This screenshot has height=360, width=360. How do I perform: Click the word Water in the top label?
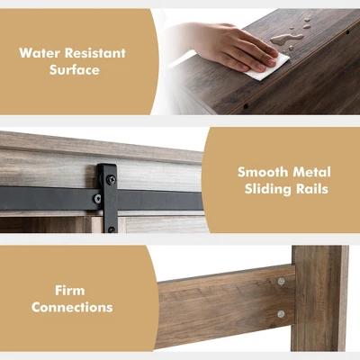click(40, 53)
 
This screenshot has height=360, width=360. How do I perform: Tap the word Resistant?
click(95, 53)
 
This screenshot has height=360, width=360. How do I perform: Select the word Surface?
click(75, 69)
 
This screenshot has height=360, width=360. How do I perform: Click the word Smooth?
click(263, 172)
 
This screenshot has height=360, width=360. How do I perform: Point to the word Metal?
click(312, 172)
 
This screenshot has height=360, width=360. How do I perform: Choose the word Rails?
click(312, 189)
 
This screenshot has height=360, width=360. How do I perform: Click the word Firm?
click(70, 290)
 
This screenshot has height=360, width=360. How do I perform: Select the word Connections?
click(72, 307)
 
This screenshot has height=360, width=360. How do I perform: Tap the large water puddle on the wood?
click(285, 39)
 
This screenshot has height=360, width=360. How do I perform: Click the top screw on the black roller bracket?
click(111, 179)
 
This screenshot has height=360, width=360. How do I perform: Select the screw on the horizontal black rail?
click(97, 198)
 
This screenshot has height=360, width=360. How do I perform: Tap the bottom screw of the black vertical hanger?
click(112, 229)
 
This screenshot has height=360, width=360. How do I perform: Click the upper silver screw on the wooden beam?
click(281, 281)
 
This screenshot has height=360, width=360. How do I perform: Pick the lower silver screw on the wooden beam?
click(281, 314)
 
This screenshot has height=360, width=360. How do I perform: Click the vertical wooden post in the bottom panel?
click(320, 299)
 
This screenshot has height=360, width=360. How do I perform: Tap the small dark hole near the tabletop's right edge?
click(347, 31)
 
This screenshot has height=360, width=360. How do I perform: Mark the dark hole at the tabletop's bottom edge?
click(246, 106)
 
